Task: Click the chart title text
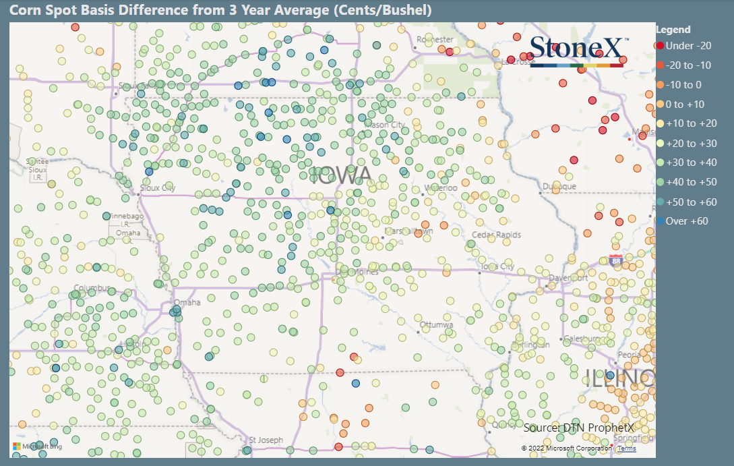(220, 11)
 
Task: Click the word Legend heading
(673, 30)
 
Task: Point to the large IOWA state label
(342, 175)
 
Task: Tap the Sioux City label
(157, 188)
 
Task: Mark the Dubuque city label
(559, 186)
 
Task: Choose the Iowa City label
(497, 266)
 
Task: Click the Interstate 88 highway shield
(615, 260)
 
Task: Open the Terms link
(626, 448)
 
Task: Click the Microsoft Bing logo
(38, 446)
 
